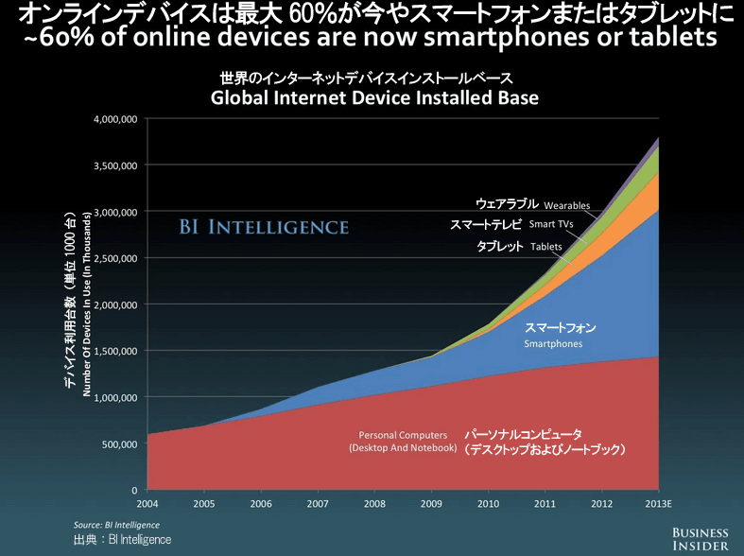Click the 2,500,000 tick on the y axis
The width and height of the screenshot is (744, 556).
114,258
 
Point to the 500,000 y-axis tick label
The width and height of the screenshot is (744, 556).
120,444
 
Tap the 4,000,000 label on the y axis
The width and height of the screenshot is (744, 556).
114,119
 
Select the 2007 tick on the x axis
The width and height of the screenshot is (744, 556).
318,503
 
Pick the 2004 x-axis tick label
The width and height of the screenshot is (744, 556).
147,503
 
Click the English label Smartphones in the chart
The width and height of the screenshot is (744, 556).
554,345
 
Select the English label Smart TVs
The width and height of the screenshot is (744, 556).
551,225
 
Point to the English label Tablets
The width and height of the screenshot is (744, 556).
546,247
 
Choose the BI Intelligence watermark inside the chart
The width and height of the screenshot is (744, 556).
264,227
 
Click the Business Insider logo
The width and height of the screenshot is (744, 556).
701,539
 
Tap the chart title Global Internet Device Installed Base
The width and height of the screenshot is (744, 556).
374,97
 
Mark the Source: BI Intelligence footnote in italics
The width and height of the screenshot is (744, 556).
116,524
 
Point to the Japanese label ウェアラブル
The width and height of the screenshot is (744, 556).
507,203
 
